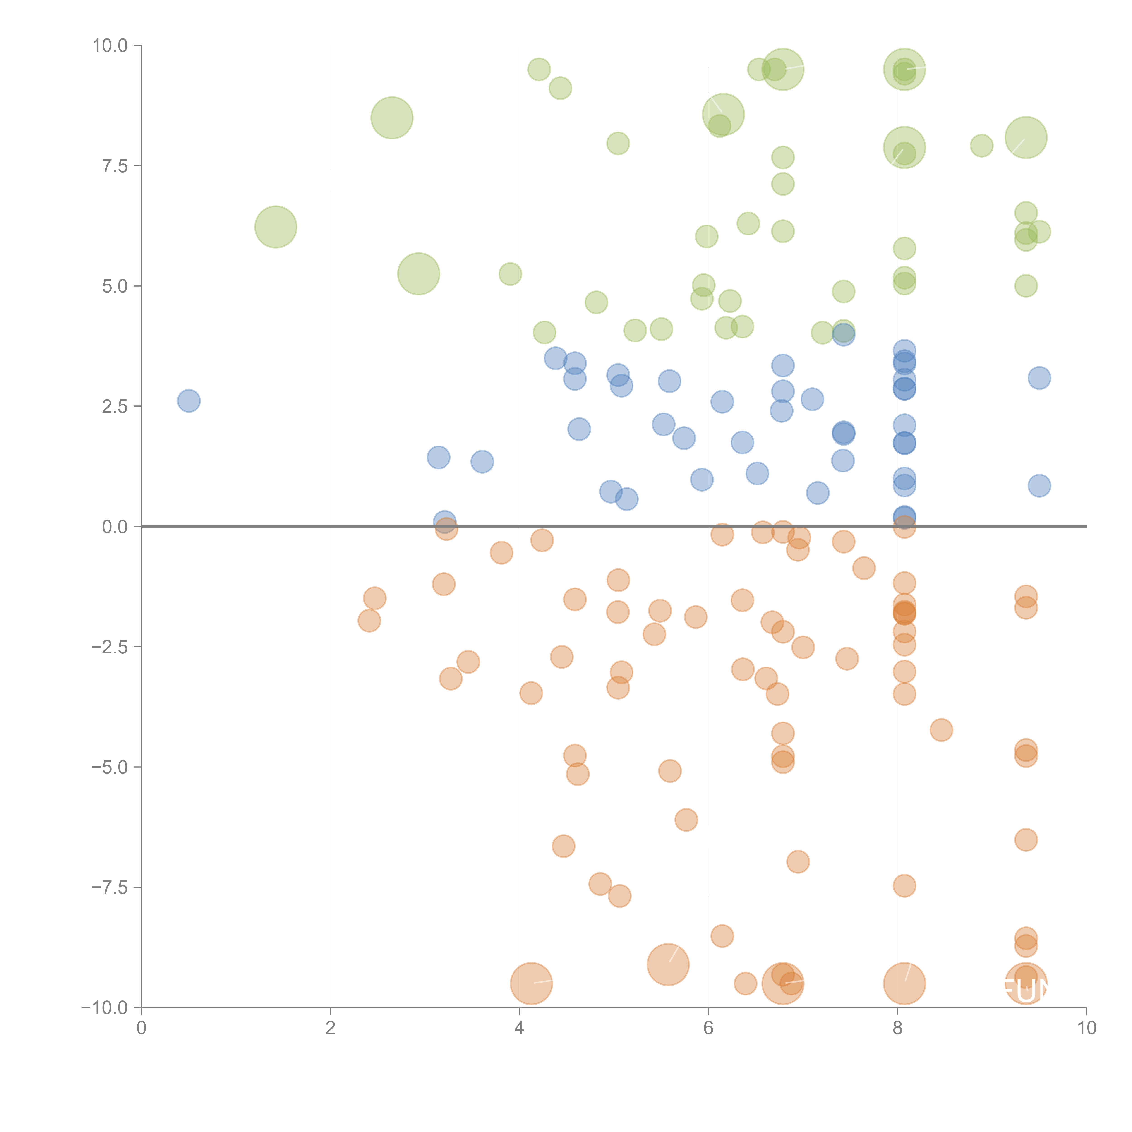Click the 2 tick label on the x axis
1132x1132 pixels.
tap(331, 1028)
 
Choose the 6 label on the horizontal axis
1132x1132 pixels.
tap(708, 1028)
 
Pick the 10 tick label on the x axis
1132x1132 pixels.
tap(1086, 1028)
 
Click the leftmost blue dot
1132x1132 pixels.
tap(189, 401)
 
